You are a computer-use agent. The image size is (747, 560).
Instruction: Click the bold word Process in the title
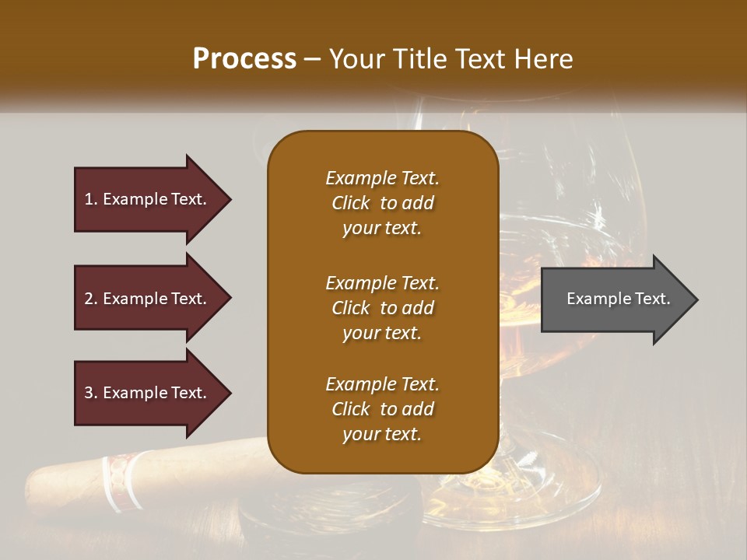pyautogui.click(x=244, y=59)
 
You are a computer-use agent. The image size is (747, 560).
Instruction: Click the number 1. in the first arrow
pyautogui.click(x=91, y=200)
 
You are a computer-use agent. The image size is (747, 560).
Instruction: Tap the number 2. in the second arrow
pyautogui.click(x=91, y=299)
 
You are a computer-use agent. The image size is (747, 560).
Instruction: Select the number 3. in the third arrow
pyautogui.click(x=91, y=394)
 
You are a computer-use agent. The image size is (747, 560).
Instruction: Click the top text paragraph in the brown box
pyautogui.click(x=382, y=203)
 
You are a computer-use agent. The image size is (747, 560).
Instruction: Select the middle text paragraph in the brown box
pyautogui.click(x=382, y=308)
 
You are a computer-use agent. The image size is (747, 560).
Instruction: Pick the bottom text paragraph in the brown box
pyautogui.click(x=382, y=409)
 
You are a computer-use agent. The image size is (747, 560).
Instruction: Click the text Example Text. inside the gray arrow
pyautogui.click(x=618, y=299)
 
